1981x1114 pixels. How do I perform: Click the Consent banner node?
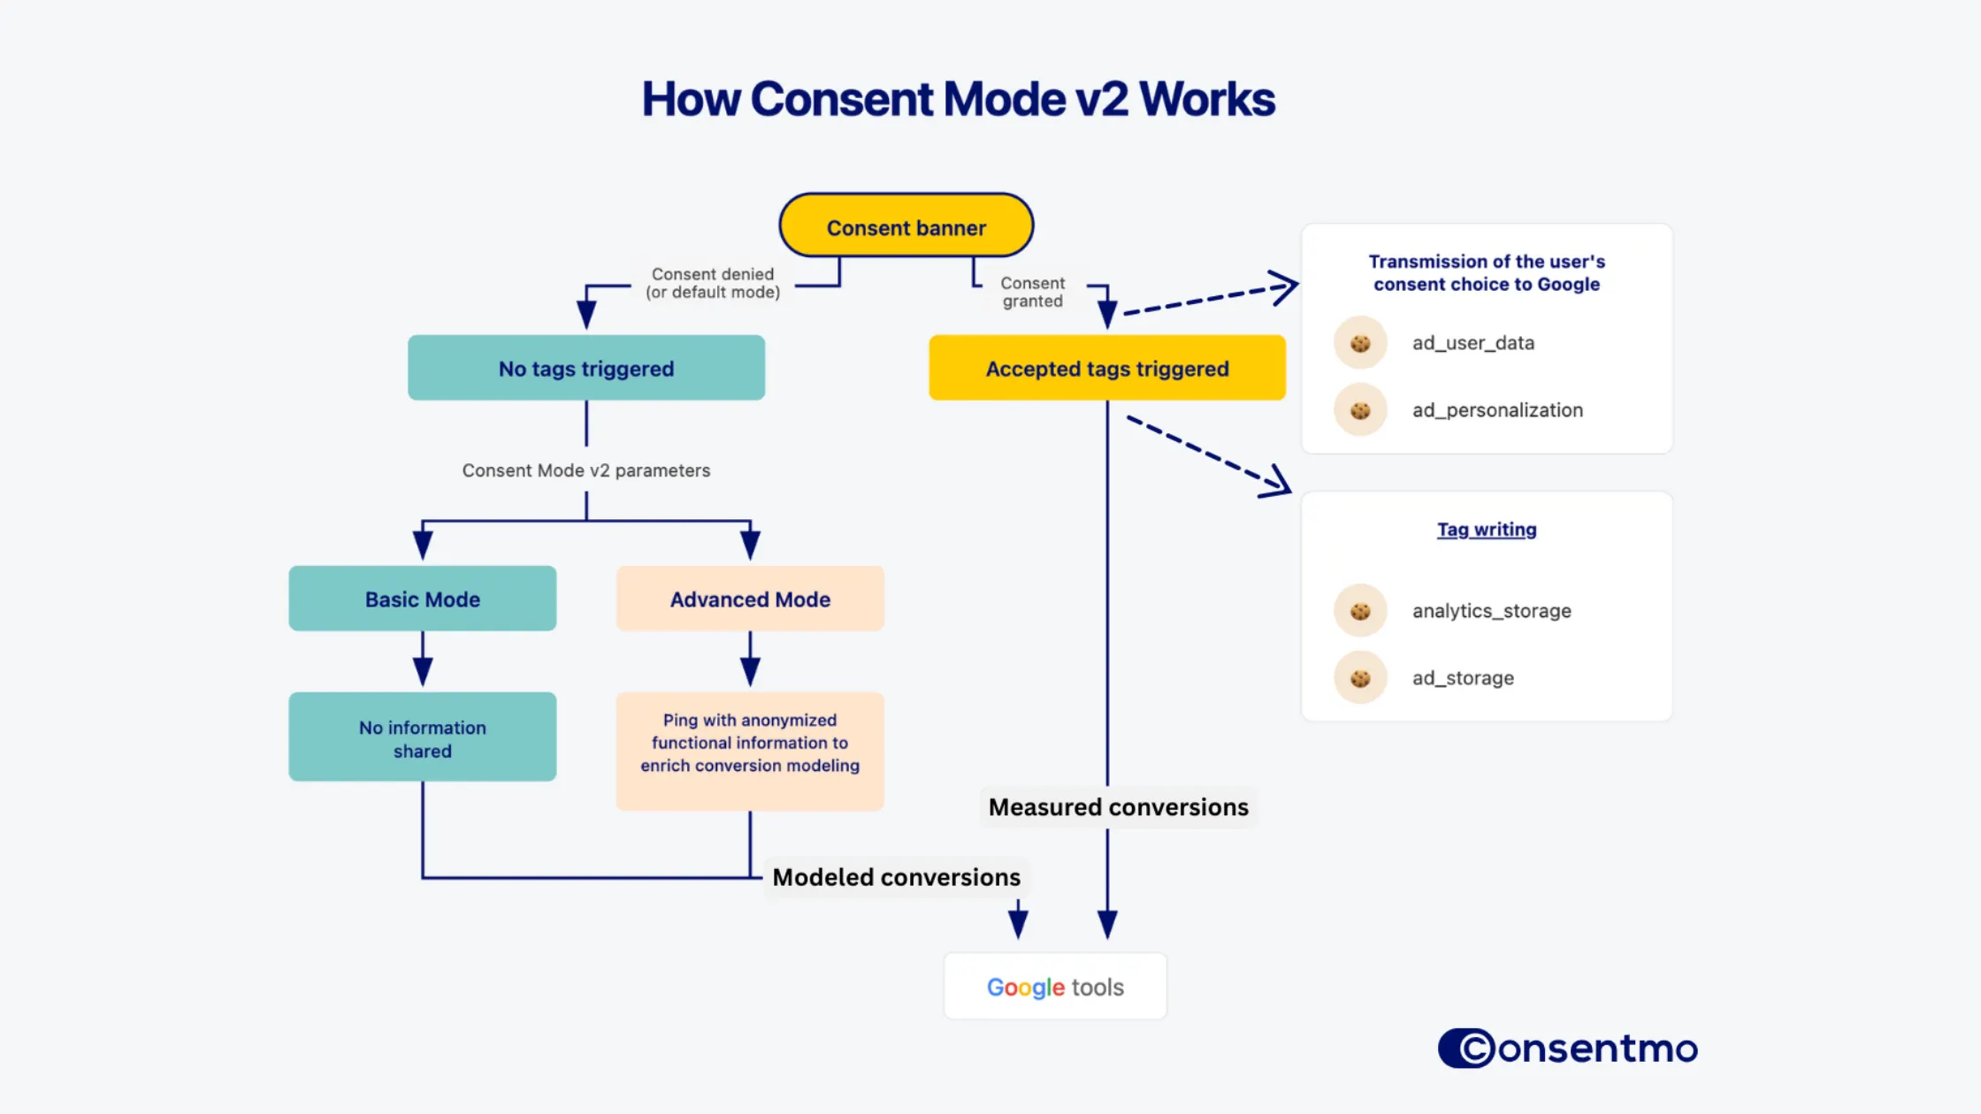[x=906, y=226]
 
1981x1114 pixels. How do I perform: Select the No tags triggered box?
[x=585, y=368]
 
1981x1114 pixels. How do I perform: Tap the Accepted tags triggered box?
[x=1106, y=368]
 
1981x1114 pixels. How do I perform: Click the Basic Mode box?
[x=422, y=599]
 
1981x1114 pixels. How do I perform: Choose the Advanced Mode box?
[x=750, y=599]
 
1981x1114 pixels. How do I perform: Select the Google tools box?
[x=1055, y=986]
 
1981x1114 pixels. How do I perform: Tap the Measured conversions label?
[x=1118, y=807]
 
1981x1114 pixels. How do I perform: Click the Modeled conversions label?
[x=896, y=877]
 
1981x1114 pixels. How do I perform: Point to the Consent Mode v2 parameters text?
[x=585, y=470]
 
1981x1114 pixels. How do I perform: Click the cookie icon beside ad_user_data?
[x=1360, y=342]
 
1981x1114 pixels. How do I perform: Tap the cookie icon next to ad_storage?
[x=1360, y=677]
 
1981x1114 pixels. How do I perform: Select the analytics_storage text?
[x=1491, y=610]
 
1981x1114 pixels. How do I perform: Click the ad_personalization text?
[x=1497, y=409]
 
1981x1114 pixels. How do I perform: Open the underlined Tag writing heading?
[x=1487, y=529]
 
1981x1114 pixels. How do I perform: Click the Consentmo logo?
[x=1568, y=1048]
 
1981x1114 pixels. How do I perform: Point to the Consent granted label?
[x=1032, y=292]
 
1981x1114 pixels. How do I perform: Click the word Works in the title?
[x=1207, y=99]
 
